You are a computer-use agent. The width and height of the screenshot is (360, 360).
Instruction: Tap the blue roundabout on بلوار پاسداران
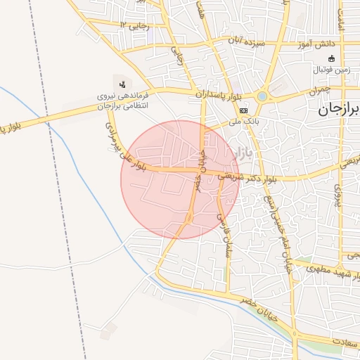[x=262, y=96]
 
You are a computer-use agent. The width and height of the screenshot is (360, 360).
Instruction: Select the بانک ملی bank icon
[x=243, y=111]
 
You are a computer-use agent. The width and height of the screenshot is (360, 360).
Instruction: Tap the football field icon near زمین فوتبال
[x=332, y=59]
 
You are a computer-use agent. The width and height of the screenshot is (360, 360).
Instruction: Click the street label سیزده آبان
[x=245, y=41]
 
